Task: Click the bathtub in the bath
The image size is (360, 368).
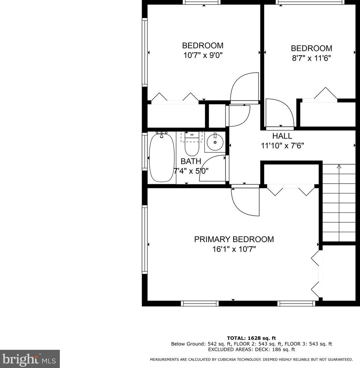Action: click(162, 158)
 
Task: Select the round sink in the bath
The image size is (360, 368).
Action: click(215, 142)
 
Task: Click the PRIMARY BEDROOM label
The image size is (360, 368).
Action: click(234, 239)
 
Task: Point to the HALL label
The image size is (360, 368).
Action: click(282, 136)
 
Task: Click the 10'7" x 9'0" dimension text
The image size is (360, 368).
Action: click(203, 55)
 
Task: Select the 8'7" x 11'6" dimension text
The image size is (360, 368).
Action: click(311, 58)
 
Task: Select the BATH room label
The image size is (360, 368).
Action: click(191, 161)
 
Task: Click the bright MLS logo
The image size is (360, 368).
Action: click(30, 359)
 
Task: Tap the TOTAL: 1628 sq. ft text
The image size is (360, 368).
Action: click(252, 338)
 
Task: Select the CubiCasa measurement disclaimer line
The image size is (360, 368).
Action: click(251, 360)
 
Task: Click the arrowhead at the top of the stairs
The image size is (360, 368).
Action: click(339, 166)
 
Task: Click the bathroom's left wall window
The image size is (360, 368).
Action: click(144, 151)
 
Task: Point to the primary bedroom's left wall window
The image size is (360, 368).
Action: click(144, 239)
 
